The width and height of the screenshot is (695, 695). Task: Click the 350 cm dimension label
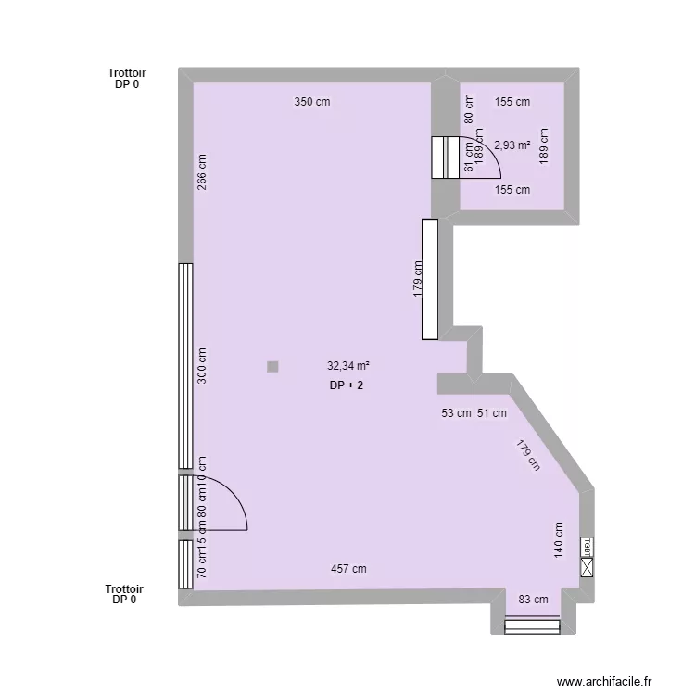312,102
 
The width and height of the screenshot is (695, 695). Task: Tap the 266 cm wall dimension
202,171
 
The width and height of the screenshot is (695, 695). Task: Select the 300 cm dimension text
202,365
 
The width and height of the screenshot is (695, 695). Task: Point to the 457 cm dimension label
348,569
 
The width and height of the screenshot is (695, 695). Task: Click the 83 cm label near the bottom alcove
533,600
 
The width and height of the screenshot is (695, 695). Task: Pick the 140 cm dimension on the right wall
559,537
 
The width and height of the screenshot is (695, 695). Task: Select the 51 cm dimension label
491,413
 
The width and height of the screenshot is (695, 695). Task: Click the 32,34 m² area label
348,366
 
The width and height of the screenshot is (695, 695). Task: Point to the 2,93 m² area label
512,145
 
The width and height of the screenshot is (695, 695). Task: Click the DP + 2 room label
346,385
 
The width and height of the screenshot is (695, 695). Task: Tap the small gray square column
272,367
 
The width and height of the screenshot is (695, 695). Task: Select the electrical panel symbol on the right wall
587,558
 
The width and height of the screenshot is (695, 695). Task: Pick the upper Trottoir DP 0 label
127,78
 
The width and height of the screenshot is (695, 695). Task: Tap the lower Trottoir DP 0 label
125,594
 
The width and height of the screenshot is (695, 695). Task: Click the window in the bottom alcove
533,627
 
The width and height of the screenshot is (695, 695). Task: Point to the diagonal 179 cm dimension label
528,455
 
